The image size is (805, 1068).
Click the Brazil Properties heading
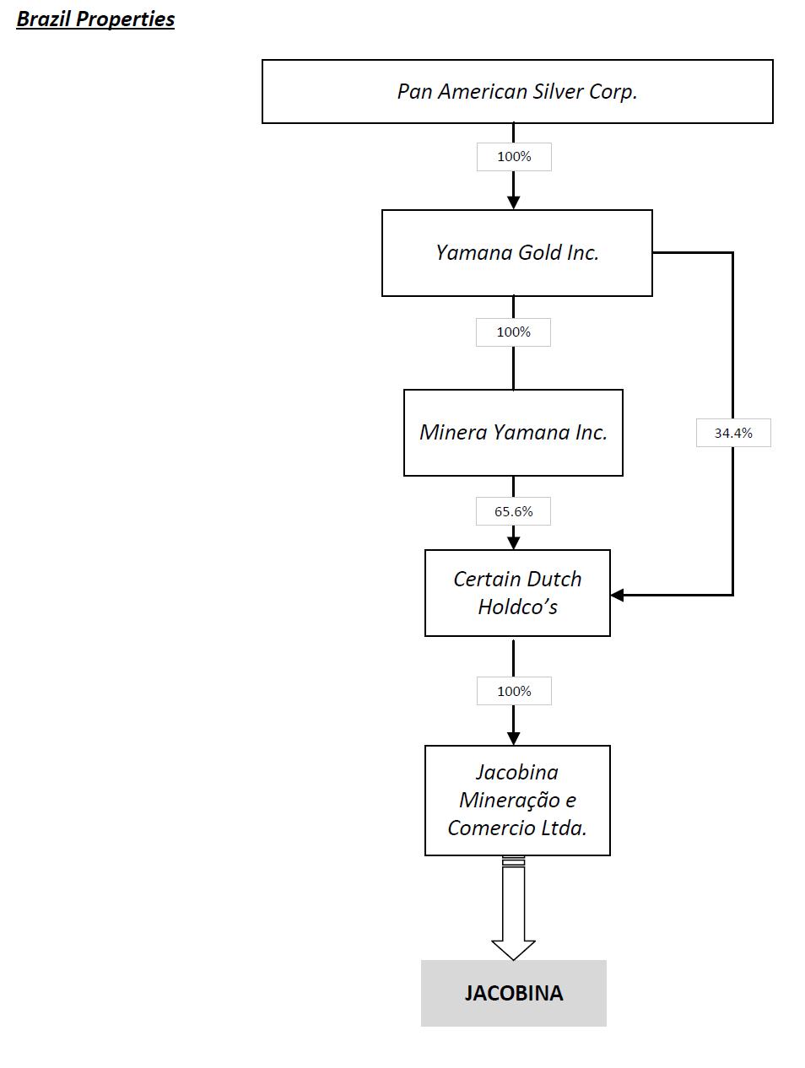(x=95, y=19)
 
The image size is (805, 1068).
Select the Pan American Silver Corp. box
(x=517, y=91)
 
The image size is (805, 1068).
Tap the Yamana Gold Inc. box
(x=516, y=252)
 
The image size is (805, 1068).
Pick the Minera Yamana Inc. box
(x=513, y=432)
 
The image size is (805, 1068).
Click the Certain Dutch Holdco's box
(x=517, y=592)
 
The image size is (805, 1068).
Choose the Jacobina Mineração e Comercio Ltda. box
(x=517, y=800)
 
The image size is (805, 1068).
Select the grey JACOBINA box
(x=513, y=992)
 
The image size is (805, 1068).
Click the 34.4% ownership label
(x=733, y=433)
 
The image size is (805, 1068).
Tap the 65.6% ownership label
(x=513, y=511)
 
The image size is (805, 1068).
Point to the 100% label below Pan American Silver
(x=514, y=156)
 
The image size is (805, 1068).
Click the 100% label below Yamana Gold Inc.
(x=513, y=332)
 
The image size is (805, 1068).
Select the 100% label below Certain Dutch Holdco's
(x=513, y=691)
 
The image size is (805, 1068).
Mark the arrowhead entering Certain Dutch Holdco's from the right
(x=617, y=595)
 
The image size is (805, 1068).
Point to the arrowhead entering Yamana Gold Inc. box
(x=513, y=202)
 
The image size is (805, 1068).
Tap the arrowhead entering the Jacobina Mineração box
(x=513, y=738)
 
